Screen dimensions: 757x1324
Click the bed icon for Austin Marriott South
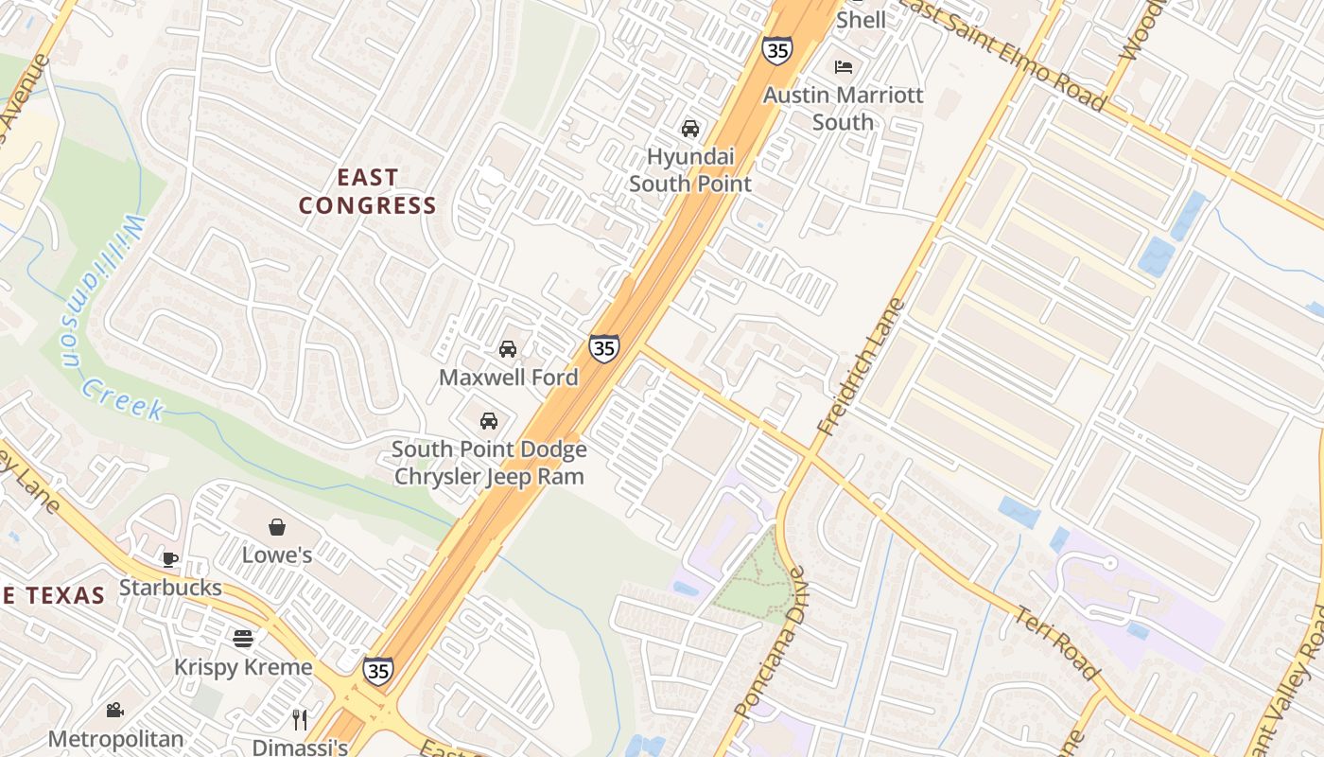pyautogui.click(x=844, y=67)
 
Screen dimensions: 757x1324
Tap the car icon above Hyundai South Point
pyautogui.click(x=690, y=129)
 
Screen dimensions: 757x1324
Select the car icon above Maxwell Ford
pyautogui.click(x=508, y=349)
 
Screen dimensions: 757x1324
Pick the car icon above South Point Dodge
pyautogui.click(x=489, y=421)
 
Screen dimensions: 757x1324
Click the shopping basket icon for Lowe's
pyautogui.click(x=277, y=527)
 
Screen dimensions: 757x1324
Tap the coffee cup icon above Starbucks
pyautogui.click(x=170, y=559)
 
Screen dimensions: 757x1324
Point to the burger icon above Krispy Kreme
pyautogui.click(x=243, y=638)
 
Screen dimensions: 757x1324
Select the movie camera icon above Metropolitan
pyautogui.click(x=115, y=710)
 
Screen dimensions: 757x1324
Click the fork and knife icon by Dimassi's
pyautogui.click(x=300, y=720)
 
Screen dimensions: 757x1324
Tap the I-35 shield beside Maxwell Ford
pyautogui.click(x=604, y=348)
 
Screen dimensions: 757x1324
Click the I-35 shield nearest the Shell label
pyautogui.click(x=777, y=50)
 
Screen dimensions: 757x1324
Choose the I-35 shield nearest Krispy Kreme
pyautogui.click(x=378, y=670)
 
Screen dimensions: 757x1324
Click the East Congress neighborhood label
pyautogui.click(x=368, y=191)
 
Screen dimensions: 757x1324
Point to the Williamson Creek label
pyautogui.click(x=109, y=322)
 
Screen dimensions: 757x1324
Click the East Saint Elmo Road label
pyautogui.click(x=1002, y=52)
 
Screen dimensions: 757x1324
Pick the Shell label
pyautogui.click(x=862, y=20)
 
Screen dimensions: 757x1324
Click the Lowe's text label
pyautogui.click(x=277, y=555)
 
